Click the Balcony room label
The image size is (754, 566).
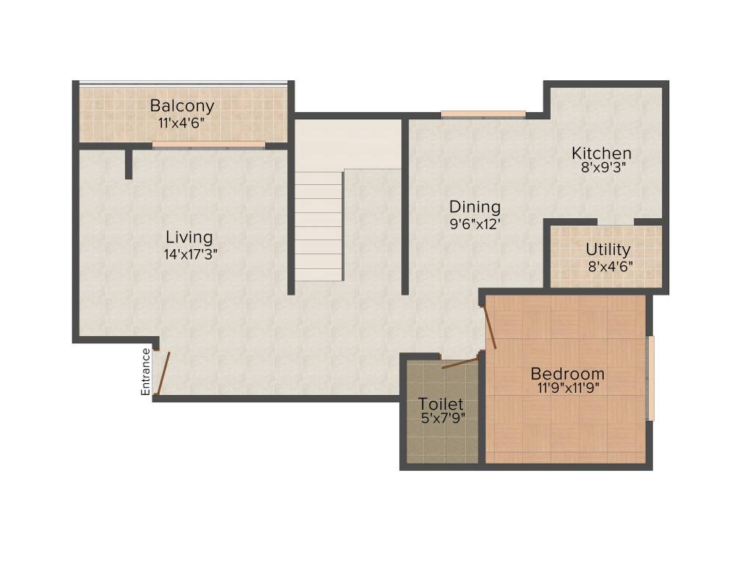click(182, 105)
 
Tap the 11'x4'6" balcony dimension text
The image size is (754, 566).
click(181, 122)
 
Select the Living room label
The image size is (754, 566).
click(189, 237)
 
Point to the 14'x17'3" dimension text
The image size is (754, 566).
click(191, 254)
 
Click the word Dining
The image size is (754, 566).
click(475, 207)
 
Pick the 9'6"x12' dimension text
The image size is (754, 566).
click(476, 224)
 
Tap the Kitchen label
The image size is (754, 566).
click(602, 153)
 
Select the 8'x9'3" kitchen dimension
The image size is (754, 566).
click(602, 168)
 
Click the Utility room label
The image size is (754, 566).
click(608, 249)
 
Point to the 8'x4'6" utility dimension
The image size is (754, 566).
click(609, 265)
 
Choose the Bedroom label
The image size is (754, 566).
click(568, 374)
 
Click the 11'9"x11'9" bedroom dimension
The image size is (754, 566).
click(568, 389)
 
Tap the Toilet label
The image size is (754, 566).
click(441, 404)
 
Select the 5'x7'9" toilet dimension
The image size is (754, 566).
click(442, 419)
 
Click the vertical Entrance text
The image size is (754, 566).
click(146, 371)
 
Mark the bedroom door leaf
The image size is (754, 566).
click(489, 327)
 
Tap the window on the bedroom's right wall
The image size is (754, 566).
click(650, 378)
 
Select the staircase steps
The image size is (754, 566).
click(319, 226)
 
